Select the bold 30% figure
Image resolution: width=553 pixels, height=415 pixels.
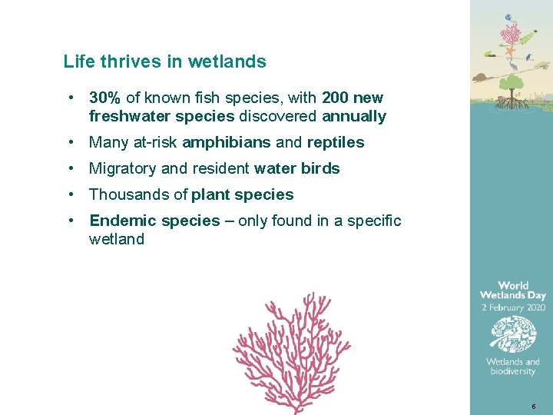coord(104,98)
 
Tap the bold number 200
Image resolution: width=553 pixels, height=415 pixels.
coord(336,98)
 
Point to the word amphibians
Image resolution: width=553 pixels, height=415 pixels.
coord(227,142)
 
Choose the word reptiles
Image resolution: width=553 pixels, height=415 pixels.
coord(336,142)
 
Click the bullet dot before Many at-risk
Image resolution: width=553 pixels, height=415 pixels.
coord(70,142)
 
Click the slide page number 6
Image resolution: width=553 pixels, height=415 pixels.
coord(532,405)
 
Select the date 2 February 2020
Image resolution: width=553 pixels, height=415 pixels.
coord(513,307)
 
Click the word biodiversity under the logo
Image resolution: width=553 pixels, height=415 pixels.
coord(513,372)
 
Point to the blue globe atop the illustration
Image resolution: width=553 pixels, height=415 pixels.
coord(508,17)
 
